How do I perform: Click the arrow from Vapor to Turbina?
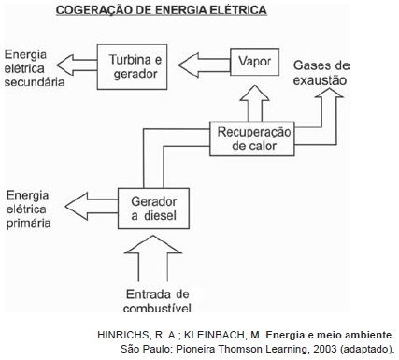(204, 65)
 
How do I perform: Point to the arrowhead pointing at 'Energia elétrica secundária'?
(64, 65)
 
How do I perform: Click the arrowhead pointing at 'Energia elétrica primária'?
(76, 206)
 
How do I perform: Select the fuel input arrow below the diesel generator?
(153, 258)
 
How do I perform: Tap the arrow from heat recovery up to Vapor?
(255, 104)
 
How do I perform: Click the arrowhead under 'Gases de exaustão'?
(329, 93)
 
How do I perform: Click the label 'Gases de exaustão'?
(321, 73)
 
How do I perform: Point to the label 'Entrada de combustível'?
(157, 300)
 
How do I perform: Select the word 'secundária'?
(35, 82)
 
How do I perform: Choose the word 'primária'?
(28, 223)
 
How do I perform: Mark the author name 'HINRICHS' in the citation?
(123, 335)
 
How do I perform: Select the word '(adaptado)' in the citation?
(367, 349)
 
